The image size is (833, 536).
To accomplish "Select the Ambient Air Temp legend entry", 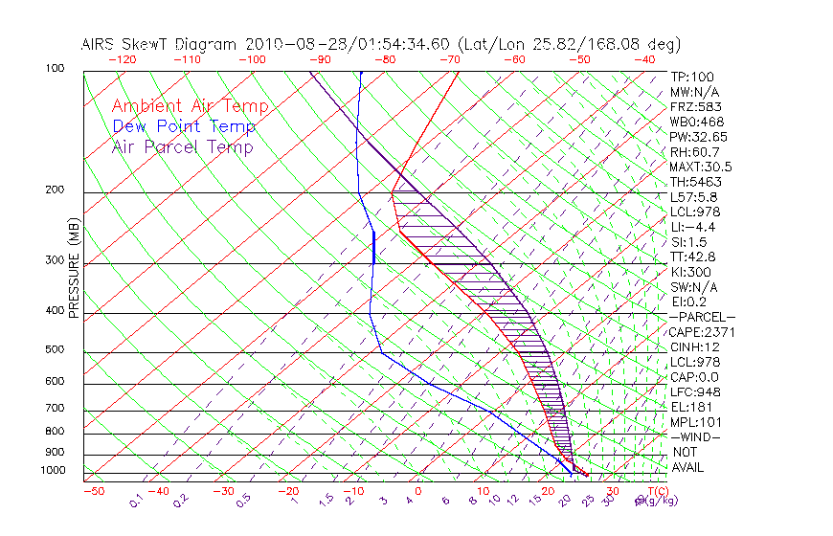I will point(190,106).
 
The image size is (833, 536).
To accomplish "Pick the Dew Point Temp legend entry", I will point(184,126).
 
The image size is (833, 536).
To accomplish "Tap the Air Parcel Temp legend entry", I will point(182,146).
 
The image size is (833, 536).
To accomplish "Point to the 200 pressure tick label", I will point(56,190).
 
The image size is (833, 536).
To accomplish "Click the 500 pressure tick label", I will point(56,350).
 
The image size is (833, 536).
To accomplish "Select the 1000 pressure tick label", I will point(53,471).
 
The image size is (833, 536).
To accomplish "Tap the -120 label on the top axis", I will point(122,59).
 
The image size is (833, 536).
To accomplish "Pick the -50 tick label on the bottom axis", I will point(93,491).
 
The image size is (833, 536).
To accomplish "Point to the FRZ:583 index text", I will point(695,106).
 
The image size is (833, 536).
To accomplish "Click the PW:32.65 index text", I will point(701,137).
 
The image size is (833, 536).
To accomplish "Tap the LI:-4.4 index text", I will point(693,227).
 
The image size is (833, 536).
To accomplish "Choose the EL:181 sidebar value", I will point(691,407).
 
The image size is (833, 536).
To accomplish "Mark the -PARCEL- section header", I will point(702,317).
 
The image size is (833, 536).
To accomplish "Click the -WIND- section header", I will point(695,436).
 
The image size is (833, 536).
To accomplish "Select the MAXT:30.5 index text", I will point(701,167).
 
